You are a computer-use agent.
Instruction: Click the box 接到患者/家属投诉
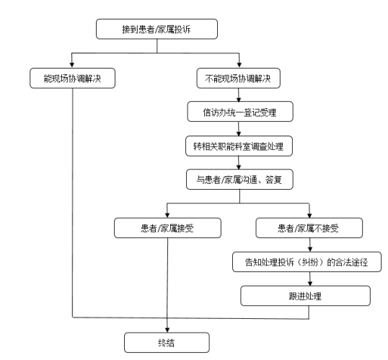point(156,29)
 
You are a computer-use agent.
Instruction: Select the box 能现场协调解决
point(73,78)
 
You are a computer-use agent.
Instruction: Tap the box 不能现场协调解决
point(238,78)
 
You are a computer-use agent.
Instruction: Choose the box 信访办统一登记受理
point(240,112)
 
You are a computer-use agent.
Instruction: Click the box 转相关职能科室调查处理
point(239,146)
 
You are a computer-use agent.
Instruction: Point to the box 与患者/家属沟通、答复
point(239,180)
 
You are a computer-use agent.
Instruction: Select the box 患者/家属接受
point(167,228)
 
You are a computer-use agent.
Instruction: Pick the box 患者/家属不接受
point(309,228)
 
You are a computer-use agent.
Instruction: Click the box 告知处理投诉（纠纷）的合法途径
point(307,262)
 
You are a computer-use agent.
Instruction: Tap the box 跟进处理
point(305,296)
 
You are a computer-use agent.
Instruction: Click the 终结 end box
point(167,343)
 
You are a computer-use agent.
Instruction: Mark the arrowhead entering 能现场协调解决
point(72,65)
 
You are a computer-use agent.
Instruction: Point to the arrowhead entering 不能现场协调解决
point(239,65)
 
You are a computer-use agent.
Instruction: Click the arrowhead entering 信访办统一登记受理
point(239,99)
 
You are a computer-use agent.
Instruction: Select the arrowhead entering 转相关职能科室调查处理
point(239,133)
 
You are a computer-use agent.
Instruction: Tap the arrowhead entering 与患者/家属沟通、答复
point(239,167)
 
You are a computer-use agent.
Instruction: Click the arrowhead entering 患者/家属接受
point(167,215)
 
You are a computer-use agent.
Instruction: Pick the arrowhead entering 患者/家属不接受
point(309,215)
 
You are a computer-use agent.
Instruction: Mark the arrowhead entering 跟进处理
point(310,283)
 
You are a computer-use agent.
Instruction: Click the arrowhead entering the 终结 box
point(167,330)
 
